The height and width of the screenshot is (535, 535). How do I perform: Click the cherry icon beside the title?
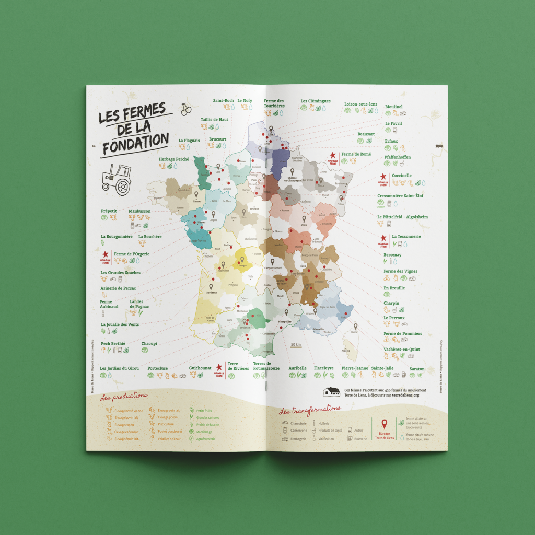click(185, 110)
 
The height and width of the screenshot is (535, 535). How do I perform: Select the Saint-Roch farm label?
click(223, 100)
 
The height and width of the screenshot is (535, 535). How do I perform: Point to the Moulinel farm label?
click(393, 107)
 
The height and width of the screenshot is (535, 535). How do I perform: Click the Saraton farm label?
click(417, 369)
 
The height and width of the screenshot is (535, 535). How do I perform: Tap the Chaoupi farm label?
click(149, 344)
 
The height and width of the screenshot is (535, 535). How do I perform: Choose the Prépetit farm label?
click(109, 211)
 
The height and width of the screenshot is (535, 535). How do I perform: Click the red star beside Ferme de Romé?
click(332, 155)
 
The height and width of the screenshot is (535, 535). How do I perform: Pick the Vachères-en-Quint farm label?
click(402, 349)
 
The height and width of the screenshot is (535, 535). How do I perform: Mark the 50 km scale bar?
click(296, 345)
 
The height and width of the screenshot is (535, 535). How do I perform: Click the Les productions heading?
click(123, 397)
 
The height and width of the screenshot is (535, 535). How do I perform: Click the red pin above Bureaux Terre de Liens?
click(385, 424)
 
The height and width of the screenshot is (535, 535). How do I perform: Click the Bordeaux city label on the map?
click(211, 293)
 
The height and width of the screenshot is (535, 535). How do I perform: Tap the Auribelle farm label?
click(297, 368)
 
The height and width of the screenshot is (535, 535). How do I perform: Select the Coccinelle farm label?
click(401, 176)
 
